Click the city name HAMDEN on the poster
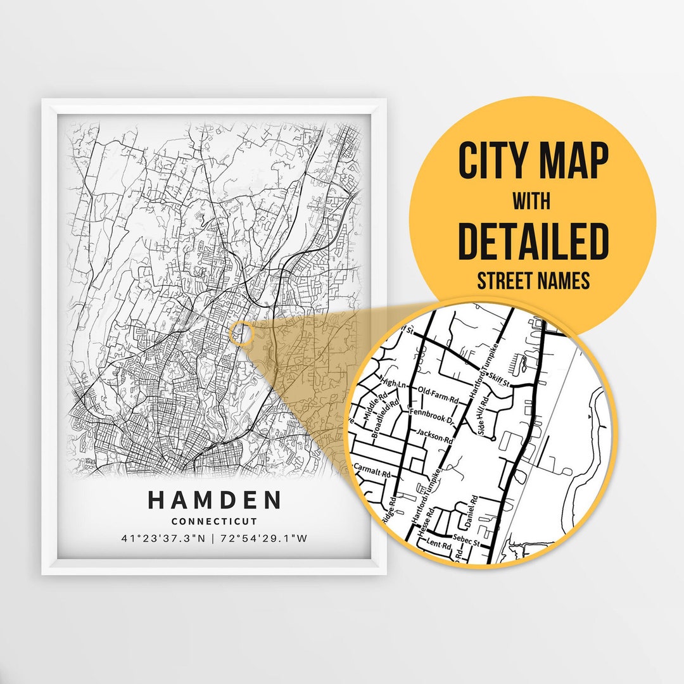click(x=215, y=500)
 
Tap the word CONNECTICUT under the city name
click(x=214, y=522)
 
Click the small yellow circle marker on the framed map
click(x=242, y=332)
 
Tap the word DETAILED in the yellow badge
click(x=533, y=241)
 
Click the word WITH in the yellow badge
click(x=531, y=202)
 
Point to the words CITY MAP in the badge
click(x=533, y=161)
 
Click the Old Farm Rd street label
click(x=438, y=396)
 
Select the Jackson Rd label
click(x=435, y=437)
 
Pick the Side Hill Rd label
click(x=484, y=416)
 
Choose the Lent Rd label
click(x=438, y=544)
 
